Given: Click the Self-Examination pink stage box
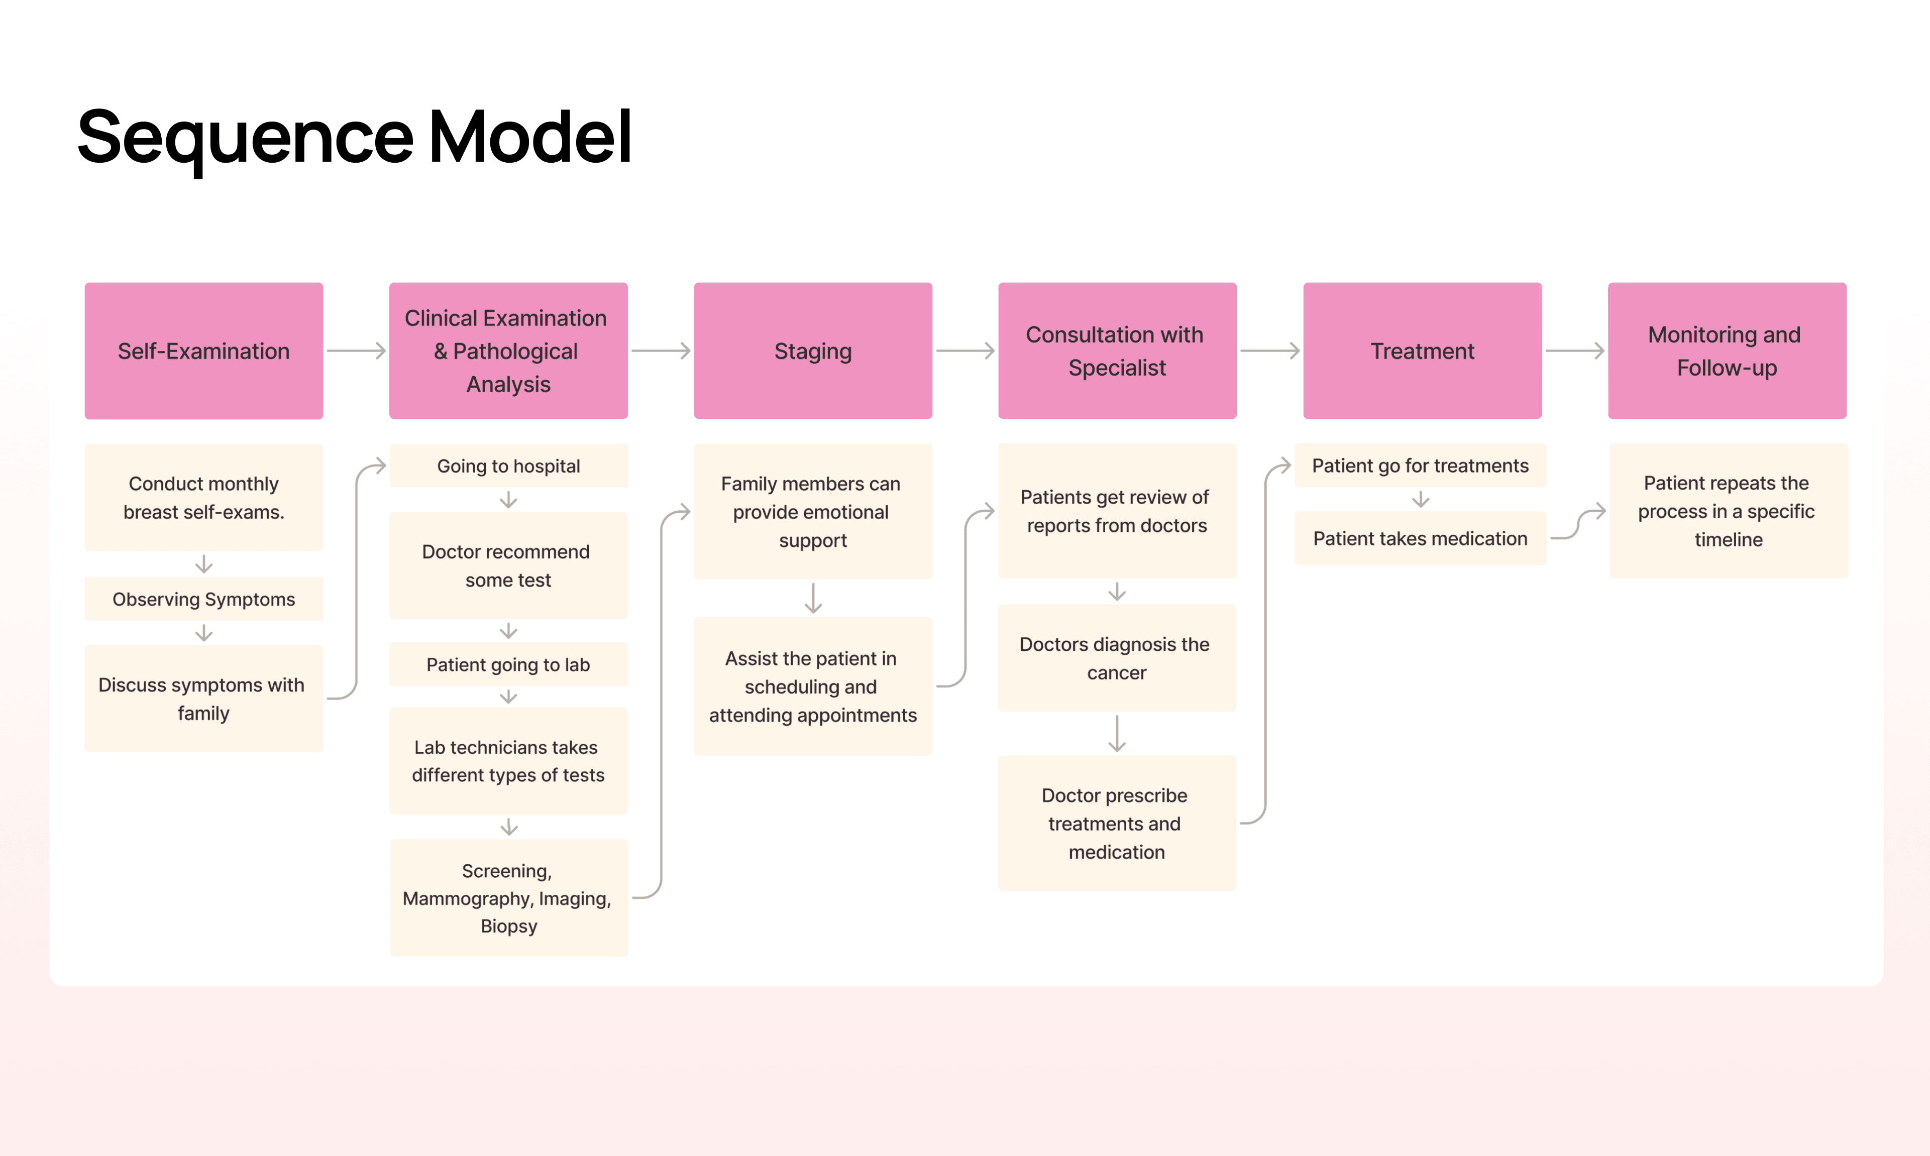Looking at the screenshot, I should (203, 351).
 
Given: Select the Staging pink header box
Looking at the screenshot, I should (813, 351).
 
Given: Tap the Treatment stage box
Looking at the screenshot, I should (1422, 351).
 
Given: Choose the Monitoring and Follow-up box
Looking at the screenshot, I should (1727, 351).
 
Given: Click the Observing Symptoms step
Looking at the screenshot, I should (203, 599).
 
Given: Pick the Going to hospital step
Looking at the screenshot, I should (508, 466).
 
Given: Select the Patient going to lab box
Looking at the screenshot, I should (508, 664).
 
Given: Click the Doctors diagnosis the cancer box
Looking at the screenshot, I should (1117, 658).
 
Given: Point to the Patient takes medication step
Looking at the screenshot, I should (1420, 538).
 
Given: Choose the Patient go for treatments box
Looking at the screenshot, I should (1420, 466).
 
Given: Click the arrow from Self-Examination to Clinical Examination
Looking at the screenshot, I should (356, 351).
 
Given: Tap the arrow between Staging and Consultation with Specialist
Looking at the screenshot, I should (964, 351).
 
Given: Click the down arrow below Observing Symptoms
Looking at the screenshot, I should (204, 633).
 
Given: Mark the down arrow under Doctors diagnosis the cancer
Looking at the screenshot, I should (1117, 733).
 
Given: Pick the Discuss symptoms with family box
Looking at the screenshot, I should (203, 699).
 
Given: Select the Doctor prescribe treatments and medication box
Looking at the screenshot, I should (1117, 824).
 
